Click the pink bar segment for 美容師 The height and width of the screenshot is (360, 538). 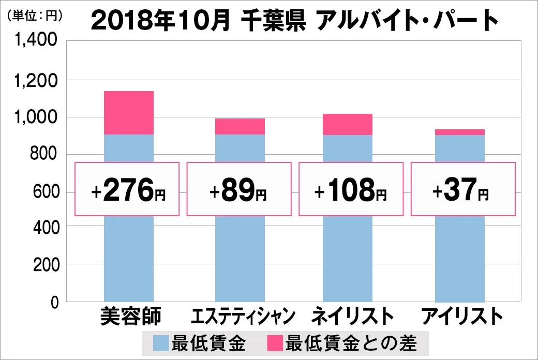[129, 113]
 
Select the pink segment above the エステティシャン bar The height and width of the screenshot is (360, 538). [240, 126]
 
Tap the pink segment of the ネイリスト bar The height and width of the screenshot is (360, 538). [348, 124]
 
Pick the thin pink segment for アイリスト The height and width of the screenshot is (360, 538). [460, 132]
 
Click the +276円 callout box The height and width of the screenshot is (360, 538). [127, 189]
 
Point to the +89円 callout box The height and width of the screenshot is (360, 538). [238, 189]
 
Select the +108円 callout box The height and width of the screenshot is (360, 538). [350, 189]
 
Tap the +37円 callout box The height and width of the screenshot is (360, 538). [463, 189]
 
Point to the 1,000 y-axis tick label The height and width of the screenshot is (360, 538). [36, 117]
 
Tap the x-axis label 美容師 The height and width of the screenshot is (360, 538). [129, 316]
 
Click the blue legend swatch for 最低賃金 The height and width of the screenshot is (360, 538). [160, 343]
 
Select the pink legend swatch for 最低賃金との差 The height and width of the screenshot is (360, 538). [274, 343]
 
